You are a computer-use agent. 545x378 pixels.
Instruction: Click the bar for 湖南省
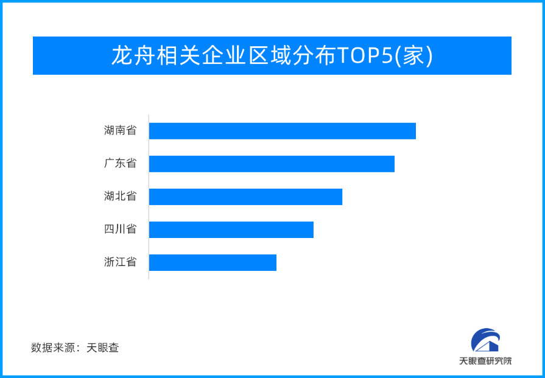[x=282, y=131]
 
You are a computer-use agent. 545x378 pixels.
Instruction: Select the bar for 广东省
[x=272, y=164]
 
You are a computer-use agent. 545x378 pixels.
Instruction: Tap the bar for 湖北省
[x=246, y=197]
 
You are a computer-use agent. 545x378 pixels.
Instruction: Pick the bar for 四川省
[x=231, y=229]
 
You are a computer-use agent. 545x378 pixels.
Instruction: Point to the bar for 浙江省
[x=213, y=263]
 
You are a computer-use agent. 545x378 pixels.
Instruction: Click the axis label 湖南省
[x=120, y=131]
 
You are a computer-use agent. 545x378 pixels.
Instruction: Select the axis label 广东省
[x=120, y=163]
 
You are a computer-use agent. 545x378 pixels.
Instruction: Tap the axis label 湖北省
[x=120, y=196]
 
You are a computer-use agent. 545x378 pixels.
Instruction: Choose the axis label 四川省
[x=120, y=229]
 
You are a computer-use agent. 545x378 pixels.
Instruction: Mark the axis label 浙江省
[x=120, y=262]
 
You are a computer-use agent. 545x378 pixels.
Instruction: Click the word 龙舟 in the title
[x=132, y=55]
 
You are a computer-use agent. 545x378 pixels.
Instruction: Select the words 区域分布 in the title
[x=291, y=55]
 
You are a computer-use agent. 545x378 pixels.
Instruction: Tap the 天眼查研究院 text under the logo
[x=485, y=362]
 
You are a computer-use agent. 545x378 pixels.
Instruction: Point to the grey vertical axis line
[x=149, y=197]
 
